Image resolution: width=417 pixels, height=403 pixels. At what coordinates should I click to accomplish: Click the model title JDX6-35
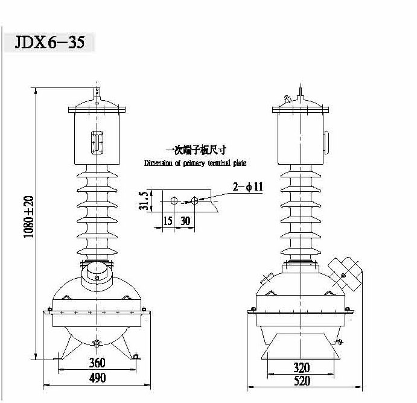tap(49, 42)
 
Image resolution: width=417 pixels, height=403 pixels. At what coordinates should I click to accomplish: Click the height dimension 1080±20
tap(29, 217)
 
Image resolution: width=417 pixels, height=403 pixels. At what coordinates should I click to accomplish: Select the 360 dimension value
tap(97, 363)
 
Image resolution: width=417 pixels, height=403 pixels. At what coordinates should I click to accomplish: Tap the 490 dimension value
tap(97, 378)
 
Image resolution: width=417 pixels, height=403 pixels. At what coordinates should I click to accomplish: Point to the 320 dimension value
tap(302, 367)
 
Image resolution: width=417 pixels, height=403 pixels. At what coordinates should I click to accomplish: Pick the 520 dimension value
tap(302, 381)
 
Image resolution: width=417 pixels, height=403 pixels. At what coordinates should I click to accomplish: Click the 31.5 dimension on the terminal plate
tap(144, 201)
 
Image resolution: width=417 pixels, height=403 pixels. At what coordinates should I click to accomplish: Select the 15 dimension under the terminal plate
tap(168, 221)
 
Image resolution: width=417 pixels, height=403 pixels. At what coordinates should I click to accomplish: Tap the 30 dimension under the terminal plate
tap(185, 221)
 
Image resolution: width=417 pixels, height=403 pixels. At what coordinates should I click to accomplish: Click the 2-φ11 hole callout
tap(248, 186)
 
